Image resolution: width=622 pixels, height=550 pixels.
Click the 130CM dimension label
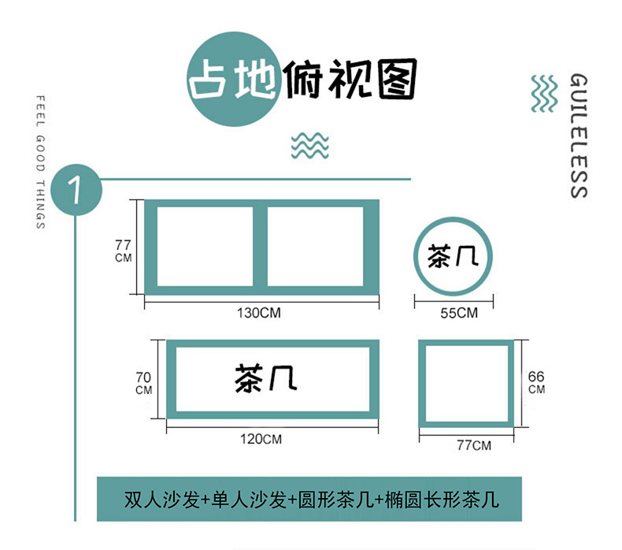click(259, 313)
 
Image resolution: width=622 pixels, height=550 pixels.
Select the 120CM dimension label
click(261, 438)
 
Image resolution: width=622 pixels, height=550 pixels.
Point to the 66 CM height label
click(536, 381)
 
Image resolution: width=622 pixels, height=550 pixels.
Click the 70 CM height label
click(144, 382)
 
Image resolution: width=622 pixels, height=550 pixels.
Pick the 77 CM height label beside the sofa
click(124, 250)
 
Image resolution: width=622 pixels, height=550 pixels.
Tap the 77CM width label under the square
click(474, 446)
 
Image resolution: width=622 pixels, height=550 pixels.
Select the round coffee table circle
click(454, 254)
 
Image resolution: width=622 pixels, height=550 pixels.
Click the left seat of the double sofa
click(205, 245)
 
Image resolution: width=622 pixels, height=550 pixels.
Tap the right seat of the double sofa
click(315, 245)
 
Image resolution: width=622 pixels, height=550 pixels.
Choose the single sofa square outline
click(465, 383)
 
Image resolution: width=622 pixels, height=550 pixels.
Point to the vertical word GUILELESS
click(578, 136)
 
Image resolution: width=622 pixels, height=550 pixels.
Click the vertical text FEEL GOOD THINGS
click(40, 162)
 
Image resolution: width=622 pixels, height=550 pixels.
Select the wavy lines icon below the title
click(309, 146)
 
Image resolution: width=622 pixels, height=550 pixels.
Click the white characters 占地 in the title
click(233, 81)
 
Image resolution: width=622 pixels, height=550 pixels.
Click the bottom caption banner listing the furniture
click(309, 499)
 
